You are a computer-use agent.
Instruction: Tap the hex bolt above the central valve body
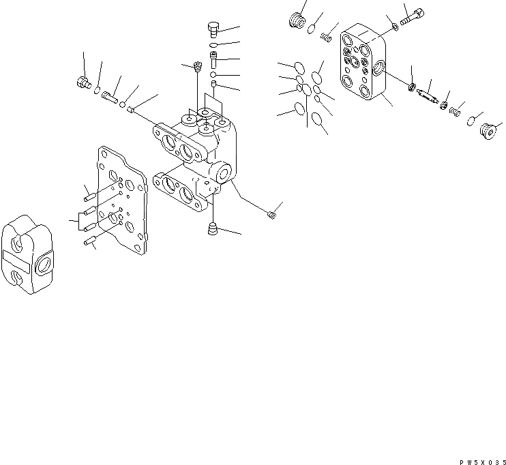212,29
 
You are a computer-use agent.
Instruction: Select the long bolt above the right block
413,16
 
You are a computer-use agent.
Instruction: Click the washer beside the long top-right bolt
396,27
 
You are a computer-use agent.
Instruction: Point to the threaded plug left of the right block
296,20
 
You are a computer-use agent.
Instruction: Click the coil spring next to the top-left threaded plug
330,33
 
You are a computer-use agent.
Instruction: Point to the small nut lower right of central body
272,215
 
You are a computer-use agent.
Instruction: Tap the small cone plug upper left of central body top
197,67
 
